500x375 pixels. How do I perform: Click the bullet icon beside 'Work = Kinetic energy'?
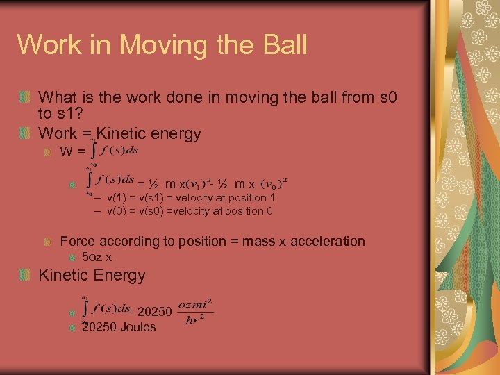(x=25, y=133)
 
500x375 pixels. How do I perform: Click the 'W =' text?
(x=72, y=151)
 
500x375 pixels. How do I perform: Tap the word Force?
(x=78, y=242)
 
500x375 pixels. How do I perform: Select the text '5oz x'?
(x=97, y=258)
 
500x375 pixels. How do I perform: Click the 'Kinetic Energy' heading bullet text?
(x=92, y=275)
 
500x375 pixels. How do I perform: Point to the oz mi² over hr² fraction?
(x=195, y=312)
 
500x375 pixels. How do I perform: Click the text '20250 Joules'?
(x=119, y=327)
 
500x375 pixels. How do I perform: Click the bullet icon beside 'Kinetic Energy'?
(x=25, y=276)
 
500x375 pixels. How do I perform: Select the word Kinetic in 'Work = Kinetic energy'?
(x=121, y=133)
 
